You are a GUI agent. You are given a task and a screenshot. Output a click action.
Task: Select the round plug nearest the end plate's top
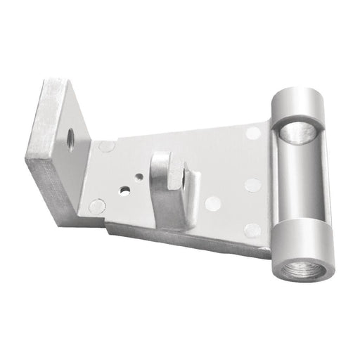pyautogui.click(x=108, y=147)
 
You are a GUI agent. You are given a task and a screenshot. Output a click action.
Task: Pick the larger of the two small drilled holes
pyautogui.click(x=124, y=189)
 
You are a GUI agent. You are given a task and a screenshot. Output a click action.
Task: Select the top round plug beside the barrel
pyautogui.click(x=253, y=132)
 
